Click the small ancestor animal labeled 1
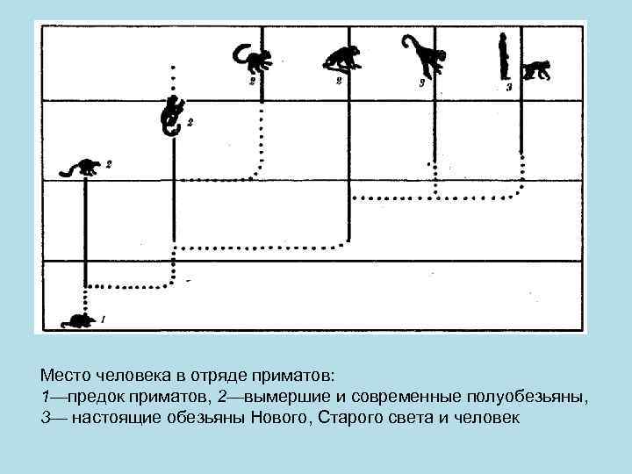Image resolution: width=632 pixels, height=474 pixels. click(x=79, y=321)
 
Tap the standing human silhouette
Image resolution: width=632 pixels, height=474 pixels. click(x=504, y=56)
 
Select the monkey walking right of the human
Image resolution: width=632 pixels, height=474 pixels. click(x=536, y=69)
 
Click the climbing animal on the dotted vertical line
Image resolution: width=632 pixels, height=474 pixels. click(x=172, y=116)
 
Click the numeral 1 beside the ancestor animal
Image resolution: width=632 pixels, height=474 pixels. click(x=103, y=319)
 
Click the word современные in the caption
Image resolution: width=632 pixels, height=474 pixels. click(x=398, y=397)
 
